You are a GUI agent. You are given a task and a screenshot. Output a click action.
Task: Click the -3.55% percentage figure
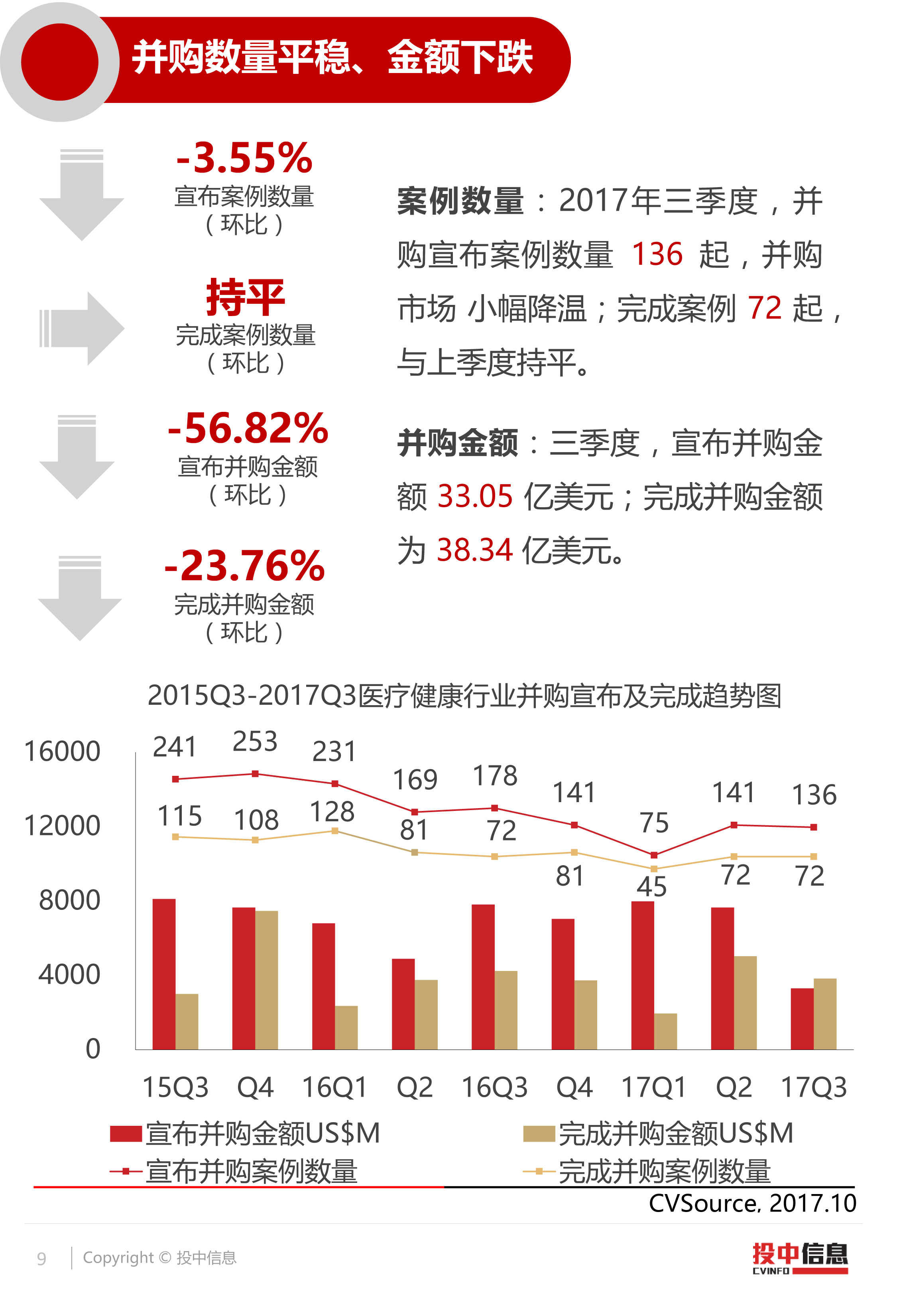244,158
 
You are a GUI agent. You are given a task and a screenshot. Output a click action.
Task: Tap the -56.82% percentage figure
248,428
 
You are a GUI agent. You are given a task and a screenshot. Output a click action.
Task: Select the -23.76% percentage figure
244,566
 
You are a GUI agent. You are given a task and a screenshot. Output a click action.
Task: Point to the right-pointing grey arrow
81,328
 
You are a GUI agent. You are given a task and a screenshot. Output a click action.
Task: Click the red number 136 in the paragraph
657,254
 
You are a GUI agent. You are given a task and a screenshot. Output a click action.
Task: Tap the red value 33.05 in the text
475,496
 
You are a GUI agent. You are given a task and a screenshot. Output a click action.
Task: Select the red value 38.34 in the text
475,550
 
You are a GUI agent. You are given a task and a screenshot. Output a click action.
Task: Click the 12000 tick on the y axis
62,826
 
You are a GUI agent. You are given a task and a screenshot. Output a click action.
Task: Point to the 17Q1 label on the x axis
654,1087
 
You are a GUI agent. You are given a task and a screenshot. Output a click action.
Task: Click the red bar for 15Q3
164,974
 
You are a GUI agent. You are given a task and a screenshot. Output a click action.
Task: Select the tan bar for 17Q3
825,1014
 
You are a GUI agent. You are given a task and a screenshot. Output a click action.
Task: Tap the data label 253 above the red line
255,741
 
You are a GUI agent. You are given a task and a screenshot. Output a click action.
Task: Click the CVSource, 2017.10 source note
752,1204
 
